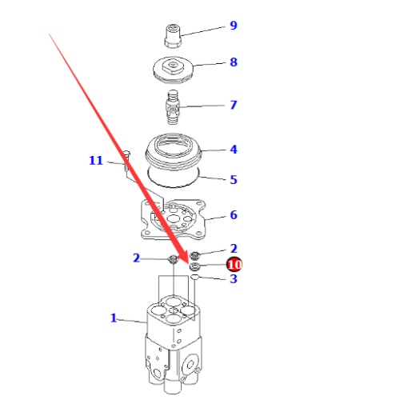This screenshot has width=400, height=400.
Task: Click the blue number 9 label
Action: coord(234,26)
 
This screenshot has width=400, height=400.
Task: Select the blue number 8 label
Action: coord(234,62)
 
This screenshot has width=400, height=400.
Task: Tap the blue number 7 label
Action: coord(234,105)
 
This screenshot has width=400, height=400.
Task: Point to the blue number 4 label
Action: coord(234,149)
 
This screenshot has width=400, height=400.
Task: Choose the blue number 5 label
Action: coord(234,180)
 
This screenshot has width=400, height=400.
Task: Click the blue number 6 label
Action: coord(234,215)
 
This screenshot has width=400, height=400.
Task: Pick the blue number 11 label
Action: coord(96,161)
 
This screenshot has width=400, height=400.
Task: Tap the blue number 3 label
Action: coord(234,278)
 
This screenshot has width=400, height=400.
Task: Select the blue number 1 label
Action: coord(114,318)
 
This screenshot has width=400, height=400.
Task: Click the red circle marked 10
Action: coord(234,264)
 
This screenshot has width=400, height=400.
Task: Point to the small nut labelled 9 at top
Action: coord(172,34)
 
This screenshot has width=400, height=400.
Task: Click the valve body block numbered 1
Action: coord(170,344)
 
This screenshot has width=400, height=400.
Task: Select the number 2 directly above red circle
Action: coord(234,249)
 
